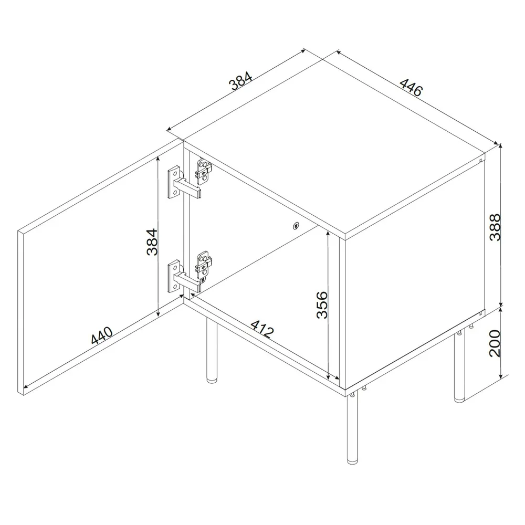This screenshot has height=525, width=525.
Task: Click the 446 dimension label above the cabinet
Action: [x=411, y=88]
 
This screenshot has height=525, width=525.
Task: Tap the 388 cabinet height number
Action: [x=496, y=226]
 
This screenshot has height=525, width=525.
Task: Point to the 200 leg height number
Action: [x=496, y=343]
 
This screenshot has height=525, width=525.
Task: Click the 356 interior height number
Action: [x=322, y=304]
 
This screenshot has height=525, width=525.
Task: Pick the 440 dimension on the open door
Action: [x=101, y=336]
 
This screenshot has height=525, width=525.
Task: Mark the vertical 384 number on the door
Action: [x=152, y=241]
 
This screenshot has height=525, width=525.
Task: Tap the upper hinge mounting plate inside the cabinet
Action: [x=204, y=170]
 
